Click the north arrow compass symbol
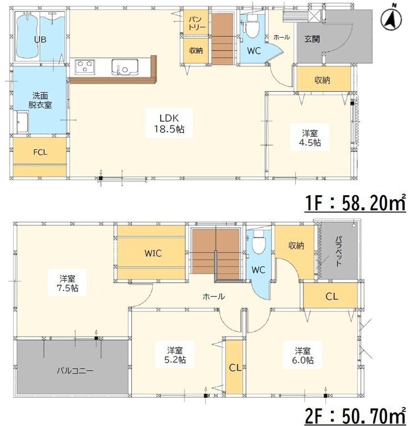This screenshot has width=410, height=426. click(x=392, y=18)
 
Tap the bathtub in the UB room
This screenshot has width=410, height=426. click(x=27, y=36)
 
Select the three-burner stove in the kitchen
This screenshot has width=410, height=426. click(x=85, y=67)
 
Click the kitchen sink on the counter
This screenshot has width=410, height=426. click(x=125, y=67)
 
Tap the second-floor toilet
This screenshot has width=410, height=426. click(x=259, y=242)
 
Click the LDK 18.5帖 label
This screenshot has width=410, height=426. click(x=169, y=123)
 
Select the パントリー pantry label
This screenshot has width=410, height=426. click(x=196, y=23)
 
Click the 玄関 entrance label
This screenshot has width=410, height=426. click(x=312, y=39)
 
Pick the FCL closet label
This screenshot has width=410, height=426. click(x=40, y=152)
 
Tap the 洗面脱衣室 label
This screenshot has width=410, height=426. click(x=40, y=100)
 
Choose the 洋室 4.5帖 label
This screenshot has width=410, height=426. click(x=310, y=138)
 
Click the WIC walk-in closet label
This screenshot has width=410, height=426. click(x=153, y=253)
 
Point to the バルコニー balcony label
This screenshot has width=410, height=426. click(x=75, y=371)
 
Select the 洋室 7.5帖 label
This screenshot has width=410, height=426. click(x=68, y=283)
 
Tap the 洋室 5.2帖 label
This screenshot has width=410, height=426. click(x=175, y=355)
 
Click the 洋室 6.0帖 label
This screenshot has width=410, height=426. click(x=303, y=355)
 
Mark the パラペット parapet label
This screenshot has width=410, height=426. click(x=339, y=251)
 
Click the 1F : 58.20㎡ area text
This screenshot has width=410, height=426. click(x=355, y=202)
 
